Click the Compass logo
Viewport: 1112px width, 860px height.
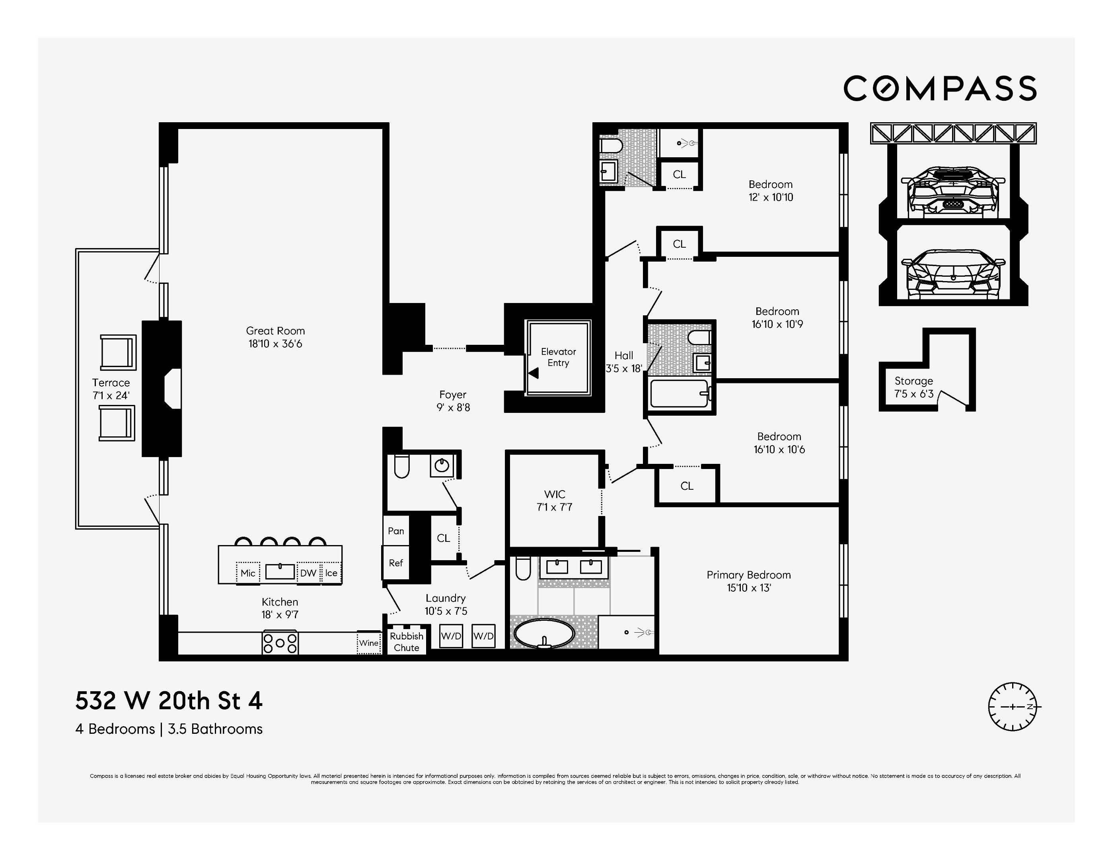click(x=939, y=89)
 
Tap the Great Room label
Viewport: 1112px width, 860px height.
click(x=275, y=337)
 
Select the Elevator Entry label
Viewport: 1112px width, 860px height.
click(x=558, y=357)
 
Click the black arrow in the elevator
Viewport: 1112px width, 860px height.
click(x=533, y=373)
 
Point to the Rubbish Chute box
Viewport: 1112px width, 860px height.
click(x=406, y=642)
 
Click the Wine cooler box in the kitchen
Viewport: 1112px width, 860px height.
click(x=369, y=643)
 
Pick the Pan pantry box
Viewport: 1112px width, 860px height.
click(x=395, y=531)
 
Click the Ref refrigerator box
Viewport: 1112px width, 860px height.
click(x=395, y=563)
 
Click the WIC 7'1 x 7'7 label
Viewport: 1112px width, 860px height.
click(x=555, y=500)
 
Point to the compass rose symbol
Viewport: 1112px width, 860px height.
click(x=1013, y=707)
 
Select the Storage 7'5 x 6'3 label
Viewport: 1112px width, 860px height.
click(x=913, y=387)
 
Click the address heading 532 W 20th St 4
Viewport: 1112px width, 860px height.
click(x=169, y=701)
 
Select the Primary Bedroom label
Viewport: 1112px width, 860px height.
click(x=748, y=581)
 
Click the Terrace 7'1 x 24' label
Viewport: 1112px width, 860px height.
click(x=111, y=389)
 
